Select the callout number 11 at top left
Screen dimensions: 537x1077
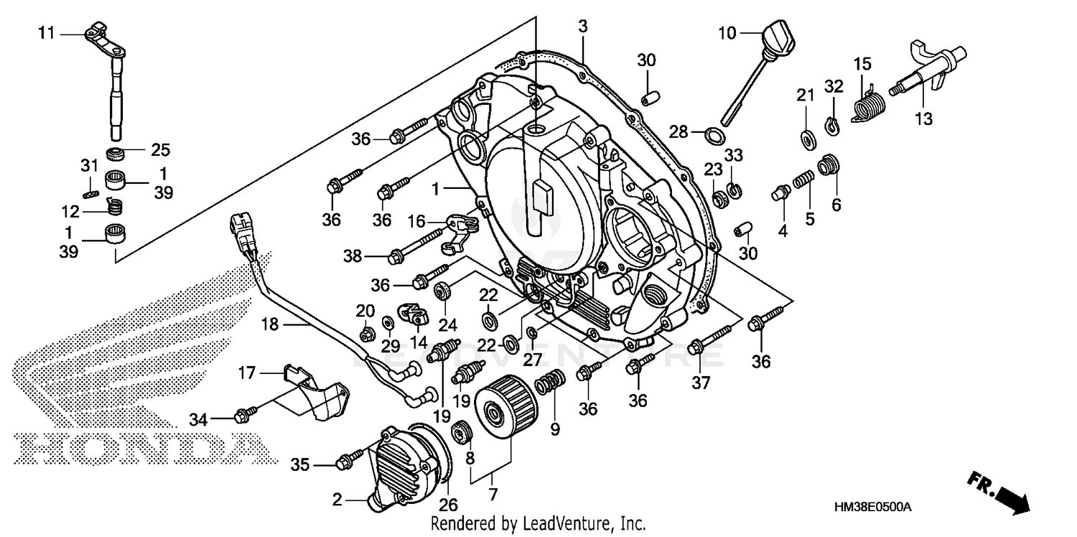tap(46, 33)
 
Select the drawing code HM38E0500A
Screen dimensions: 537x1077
tap(872, 507)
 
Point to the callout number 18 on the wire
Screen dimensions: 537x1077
tap(269, 325)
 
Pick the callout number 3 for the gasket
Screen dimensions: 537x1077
tap(582, 26)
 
